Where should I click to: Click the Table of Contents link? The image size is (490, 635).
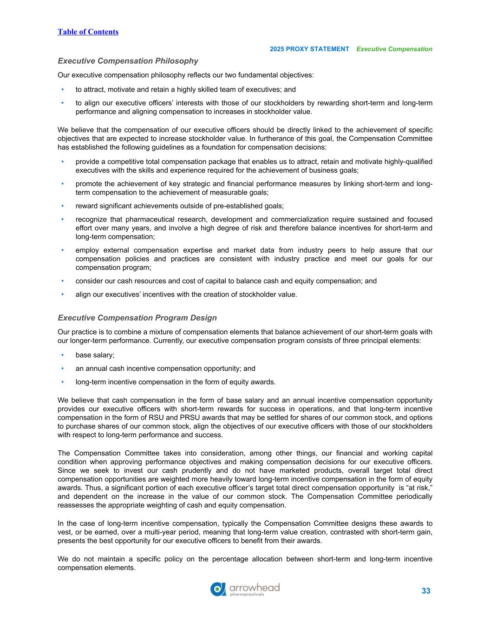(x=88, y=32)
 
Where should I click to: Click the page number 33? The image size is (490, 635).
(x=426, y=591)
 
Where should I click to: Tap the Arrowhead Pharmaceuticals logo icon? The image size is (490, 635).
(x=218, y=589)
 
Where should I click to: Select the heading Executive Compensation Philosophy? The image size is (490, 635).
(x=128, y=61)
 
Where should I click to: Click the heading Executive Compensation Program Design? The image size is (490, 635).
(x=137, y=318)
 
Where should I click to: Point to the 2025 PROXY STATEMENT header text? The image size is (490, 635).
(x=309, y=49)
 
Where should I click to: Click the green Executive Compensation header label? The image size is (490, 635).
(x=394, y=49)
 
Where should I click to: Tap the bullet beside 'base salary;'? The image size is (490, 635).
(x=63, y=355)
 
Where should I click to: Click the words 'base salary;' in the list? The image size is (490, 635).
(x=95, y=355)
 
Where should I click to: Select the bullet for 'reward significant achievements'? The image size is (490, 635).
(x=63, y=206)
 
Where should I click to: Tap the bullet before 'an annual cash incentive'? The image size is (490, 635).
(x=63, y=368)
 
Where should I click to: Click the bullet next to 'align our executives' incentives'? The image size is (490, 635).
(x=63, y=294)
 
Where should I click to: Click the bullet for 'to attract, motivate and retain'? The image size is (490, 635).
(x=63, y=89)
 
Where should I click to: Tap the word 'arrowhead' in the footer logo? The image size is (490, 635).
(x=255, y=587)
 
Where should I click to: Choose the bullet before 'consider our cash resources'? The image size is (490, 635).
(x=63, y=281)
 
